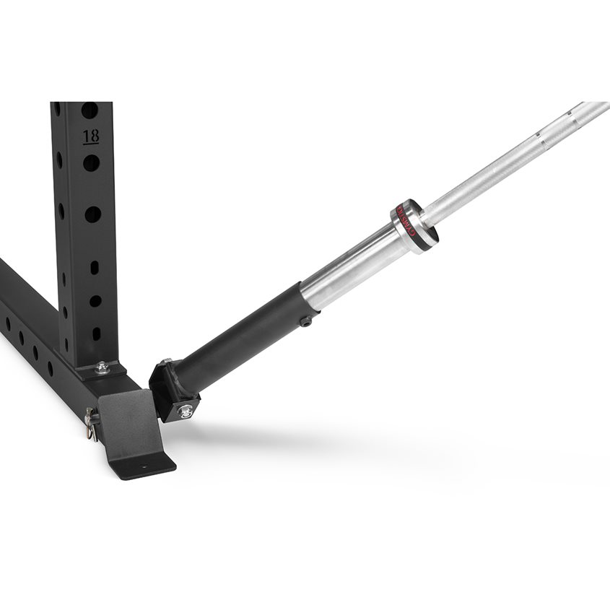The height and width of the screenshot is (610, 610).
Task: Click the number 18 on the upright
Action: coord(91,136)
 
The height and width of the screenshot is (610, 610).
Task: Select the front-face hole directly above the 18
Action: coord(90,110)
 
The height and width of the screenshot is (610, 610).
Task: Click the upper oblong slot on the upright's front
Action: coord(95,268)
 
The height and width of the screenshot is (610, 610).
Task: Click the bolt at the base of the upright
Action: coord(103,367)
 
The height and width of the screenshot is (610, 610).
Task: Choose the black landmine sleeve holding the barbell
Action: coord(238,339)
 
